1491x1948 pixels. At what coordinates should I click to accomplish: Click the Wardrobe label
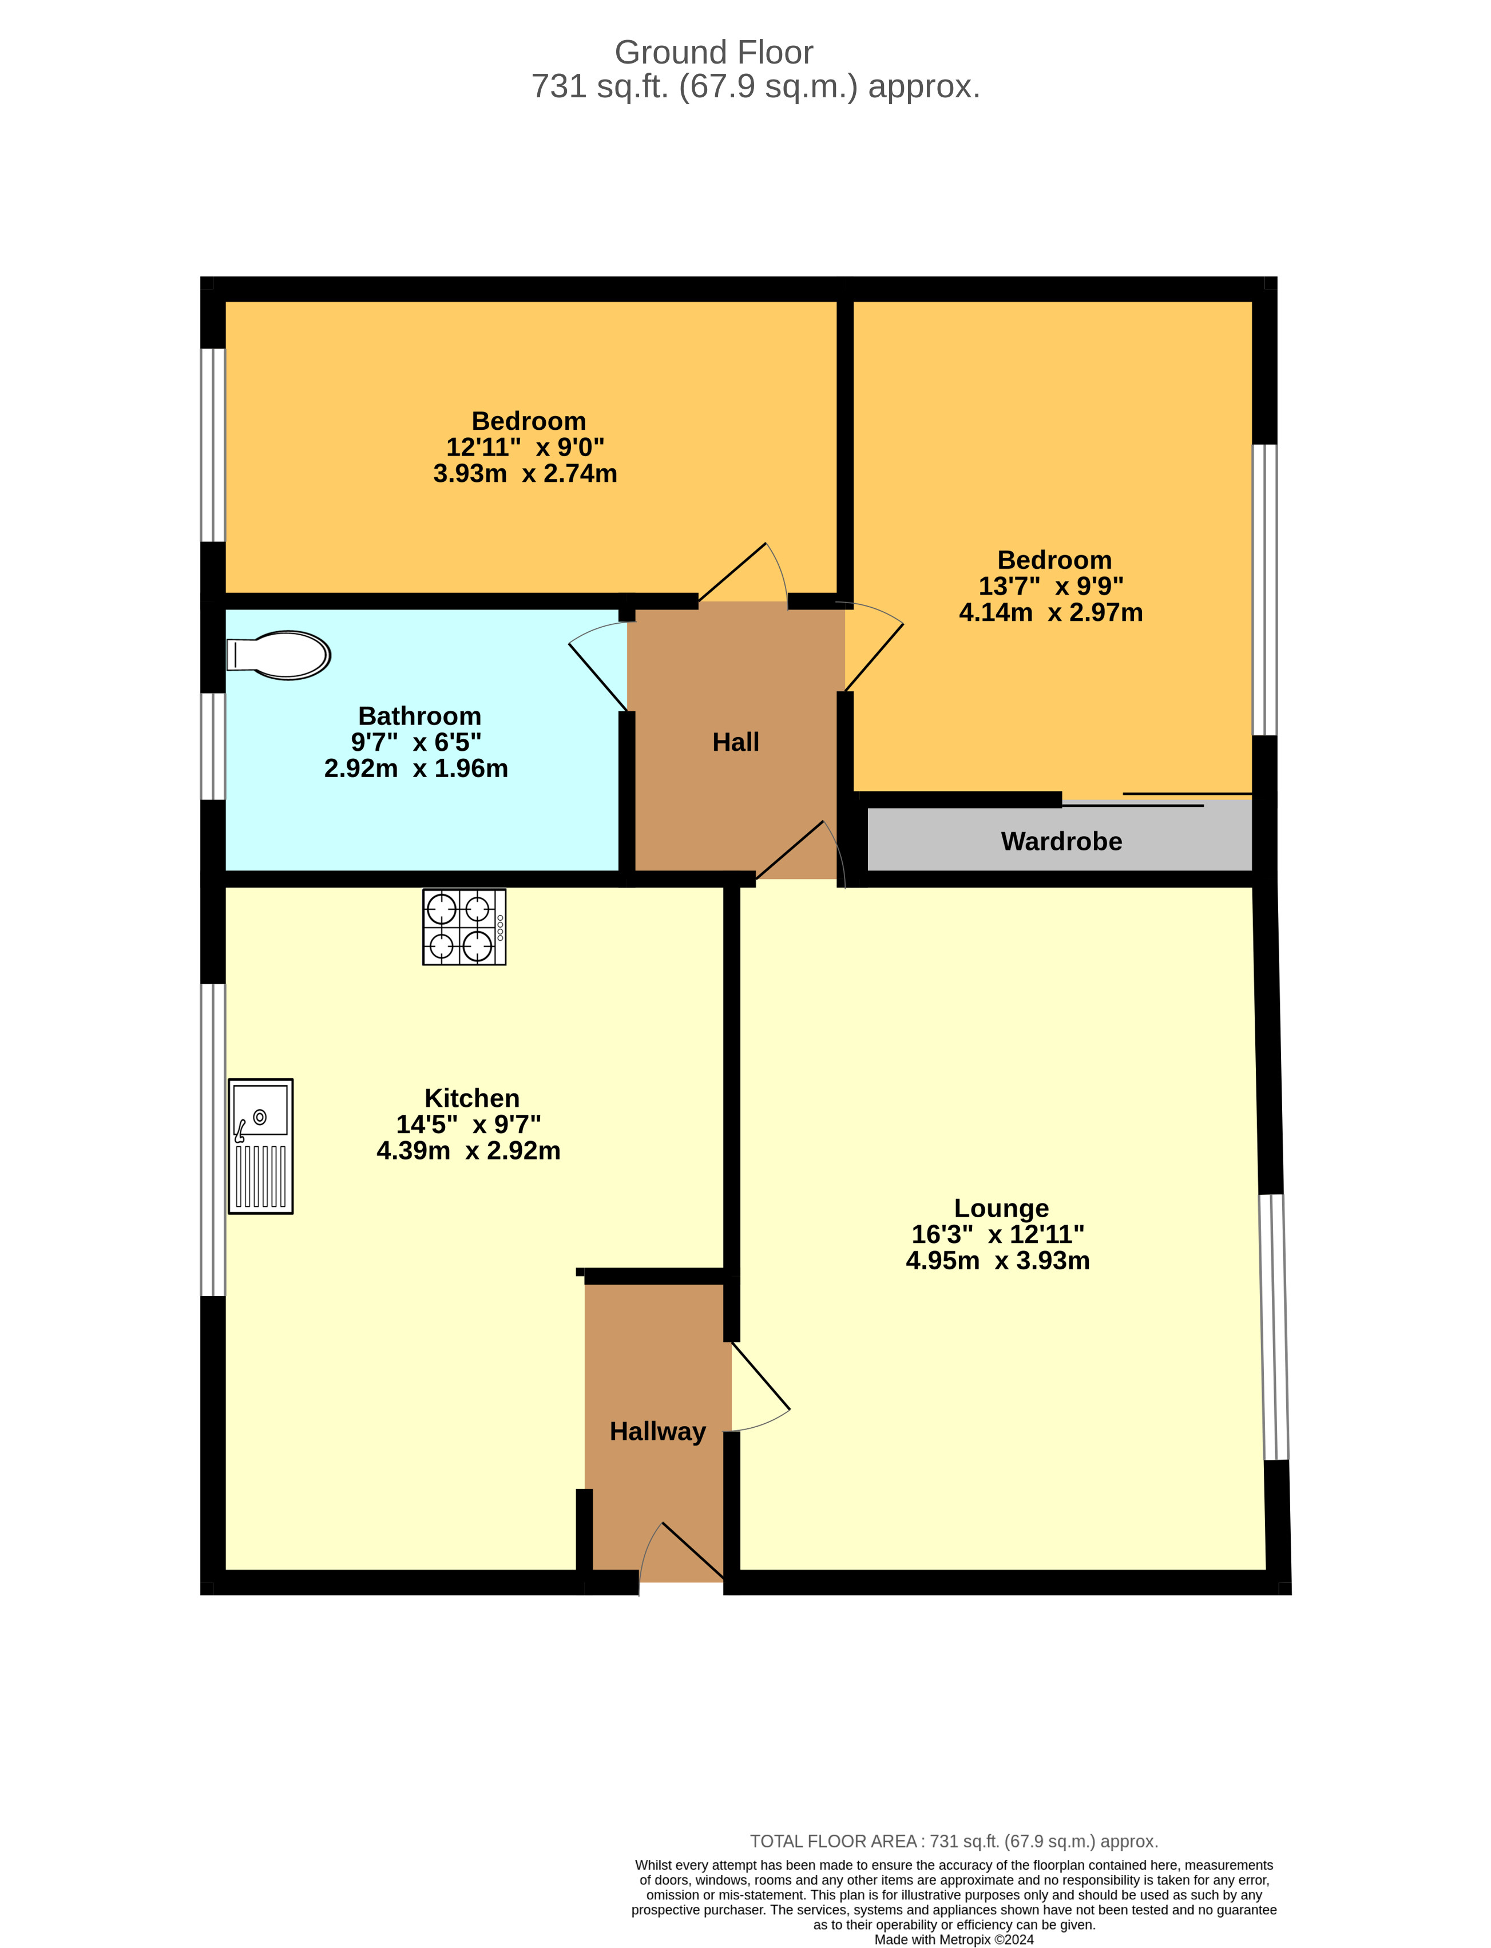1061,841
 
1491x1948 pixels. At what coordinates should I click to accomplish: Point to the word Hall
736,742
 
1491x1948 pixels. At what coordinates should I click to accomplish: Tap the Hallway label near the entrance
657,1431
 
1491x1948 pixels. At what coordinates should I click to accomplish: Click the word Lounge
1001,1208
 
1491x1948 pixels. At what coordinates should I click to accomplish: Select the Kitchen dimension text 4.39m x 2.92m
469,1151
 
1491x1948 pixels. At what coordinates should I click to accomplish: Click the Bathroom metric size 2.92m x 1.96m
417,769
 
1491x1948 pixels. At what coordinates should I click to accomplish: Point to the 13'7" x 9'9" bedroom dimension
1051,587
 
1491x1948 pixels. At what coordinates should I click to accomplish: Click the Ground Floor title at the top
713,52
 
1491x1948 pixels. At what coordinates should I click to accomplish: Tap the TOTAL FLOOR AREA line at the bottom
954,1842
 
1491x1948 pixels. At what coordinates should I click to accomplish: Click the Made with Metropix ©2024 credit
954,1939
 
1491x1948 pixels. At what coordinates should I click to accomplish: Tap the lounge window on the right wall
1274,1327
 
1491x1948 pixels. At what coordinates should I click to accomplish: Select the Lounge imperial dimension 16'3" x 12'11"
998,1234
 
